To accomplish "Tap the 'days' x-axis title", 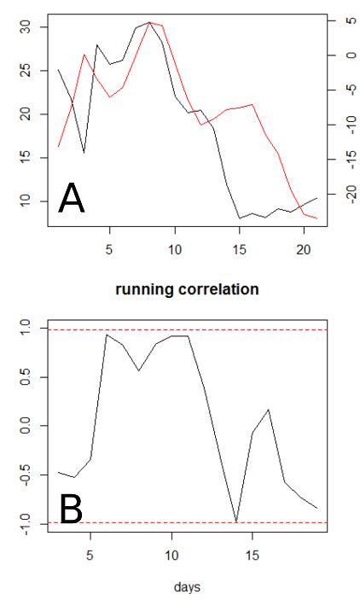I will pyautogui.click(x=186, y=586).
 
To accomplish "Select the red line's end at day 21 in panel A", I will pyautogui.click(x=316, y=218).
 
